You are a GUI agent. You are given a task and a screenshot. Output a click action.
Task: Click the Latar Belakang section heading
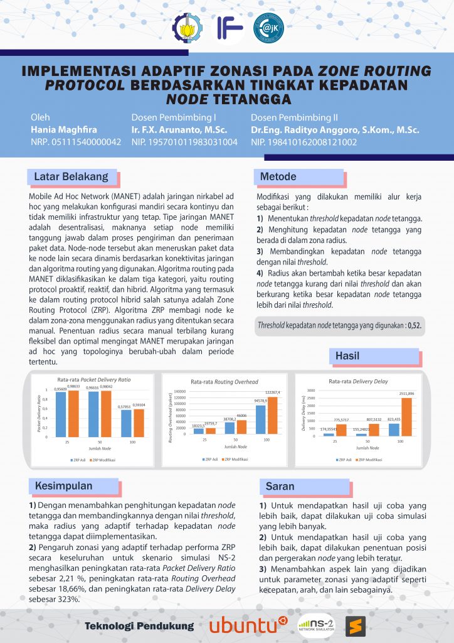click(x=71, y=176)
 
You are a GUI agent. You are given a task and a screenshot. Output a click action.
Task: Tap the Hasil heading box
click(x=347, y=356)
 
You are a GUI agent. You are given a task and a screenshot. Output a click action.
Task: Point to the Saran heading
click(x=280, y=486)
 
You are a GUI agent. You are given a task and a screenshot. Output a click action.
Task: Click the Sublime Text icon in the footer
click(x=355, y=625)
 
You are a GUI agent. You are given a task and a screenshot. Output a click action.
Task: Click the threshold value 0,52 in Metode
click(x=414, y=326)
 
